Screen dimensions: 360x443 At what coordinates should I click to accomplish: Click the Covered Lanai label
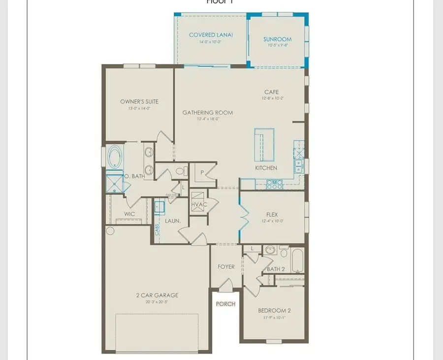211,35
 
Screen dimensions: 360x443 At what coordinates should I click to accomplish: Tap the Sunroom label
277,39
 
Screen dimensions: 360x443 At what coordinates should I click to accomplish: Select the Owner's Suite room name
139,101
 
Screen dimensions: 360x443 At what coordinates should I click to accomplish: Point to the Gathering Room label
207,112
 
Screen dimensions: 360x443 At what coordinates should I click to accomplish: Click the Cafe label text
271,92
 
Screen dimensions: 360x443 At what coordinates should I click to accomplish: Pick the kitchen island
264,144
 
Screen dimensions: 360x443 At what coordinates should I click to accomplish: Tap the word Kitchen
266,168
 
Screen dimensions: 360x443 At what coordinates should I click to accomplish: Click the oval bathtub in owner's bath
116,157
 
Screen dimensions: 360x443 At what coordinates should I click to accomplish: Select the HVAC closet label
199,204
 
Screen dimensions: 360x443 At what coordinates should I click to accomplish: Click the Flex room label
272,214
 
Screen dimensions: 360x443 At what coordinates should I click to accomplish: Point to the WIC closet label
129,214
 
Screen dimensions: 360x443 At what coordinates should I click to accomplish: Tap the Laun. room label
172,221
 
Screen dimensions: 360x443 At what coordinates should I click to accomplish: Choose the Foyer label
226,266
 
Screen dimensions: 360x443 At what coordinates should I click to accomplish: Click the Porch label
225,304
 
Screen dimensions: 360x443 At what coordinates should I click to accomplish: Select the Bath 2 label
276,269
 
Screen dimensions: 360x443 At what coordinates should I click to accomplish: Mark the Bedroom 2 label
275,310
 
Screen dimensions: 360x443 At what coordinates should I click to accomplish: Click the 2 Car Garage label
158,295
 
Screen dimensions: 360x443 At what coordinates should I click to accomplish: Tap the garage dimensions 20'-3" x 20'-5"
158,302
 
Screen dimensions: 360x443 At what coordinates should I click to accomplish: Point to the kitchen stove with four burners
273,184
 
